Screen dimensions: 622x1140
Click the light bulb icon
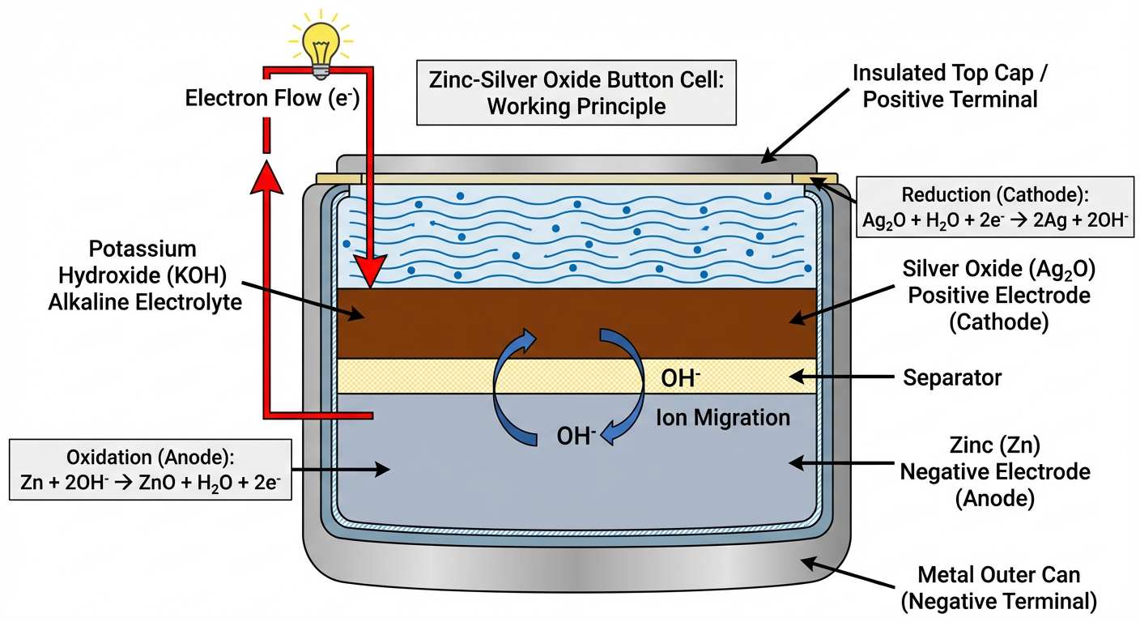[x=321, y=40]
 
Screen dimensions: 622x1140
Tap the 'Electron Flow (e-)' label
[x=272, y=99]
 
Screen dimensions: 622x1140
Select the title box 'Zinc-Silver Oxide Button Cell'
[x=576, y=92]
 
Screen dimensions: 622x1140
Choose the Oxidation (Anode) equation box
[x=150, y=469]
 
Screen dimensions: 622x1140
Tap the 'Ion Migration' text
[x=722, y=418]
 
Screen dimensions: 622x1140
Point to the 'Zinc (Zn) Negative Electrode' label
[x=995, y=471]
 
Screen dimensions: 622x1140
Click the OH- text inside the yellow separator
[x=680, y=377]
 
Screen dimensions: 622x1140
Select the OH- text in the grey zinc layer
[x=576, y=436]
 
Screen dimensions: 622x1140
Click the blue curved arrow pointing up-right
[x=510, y=364]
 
